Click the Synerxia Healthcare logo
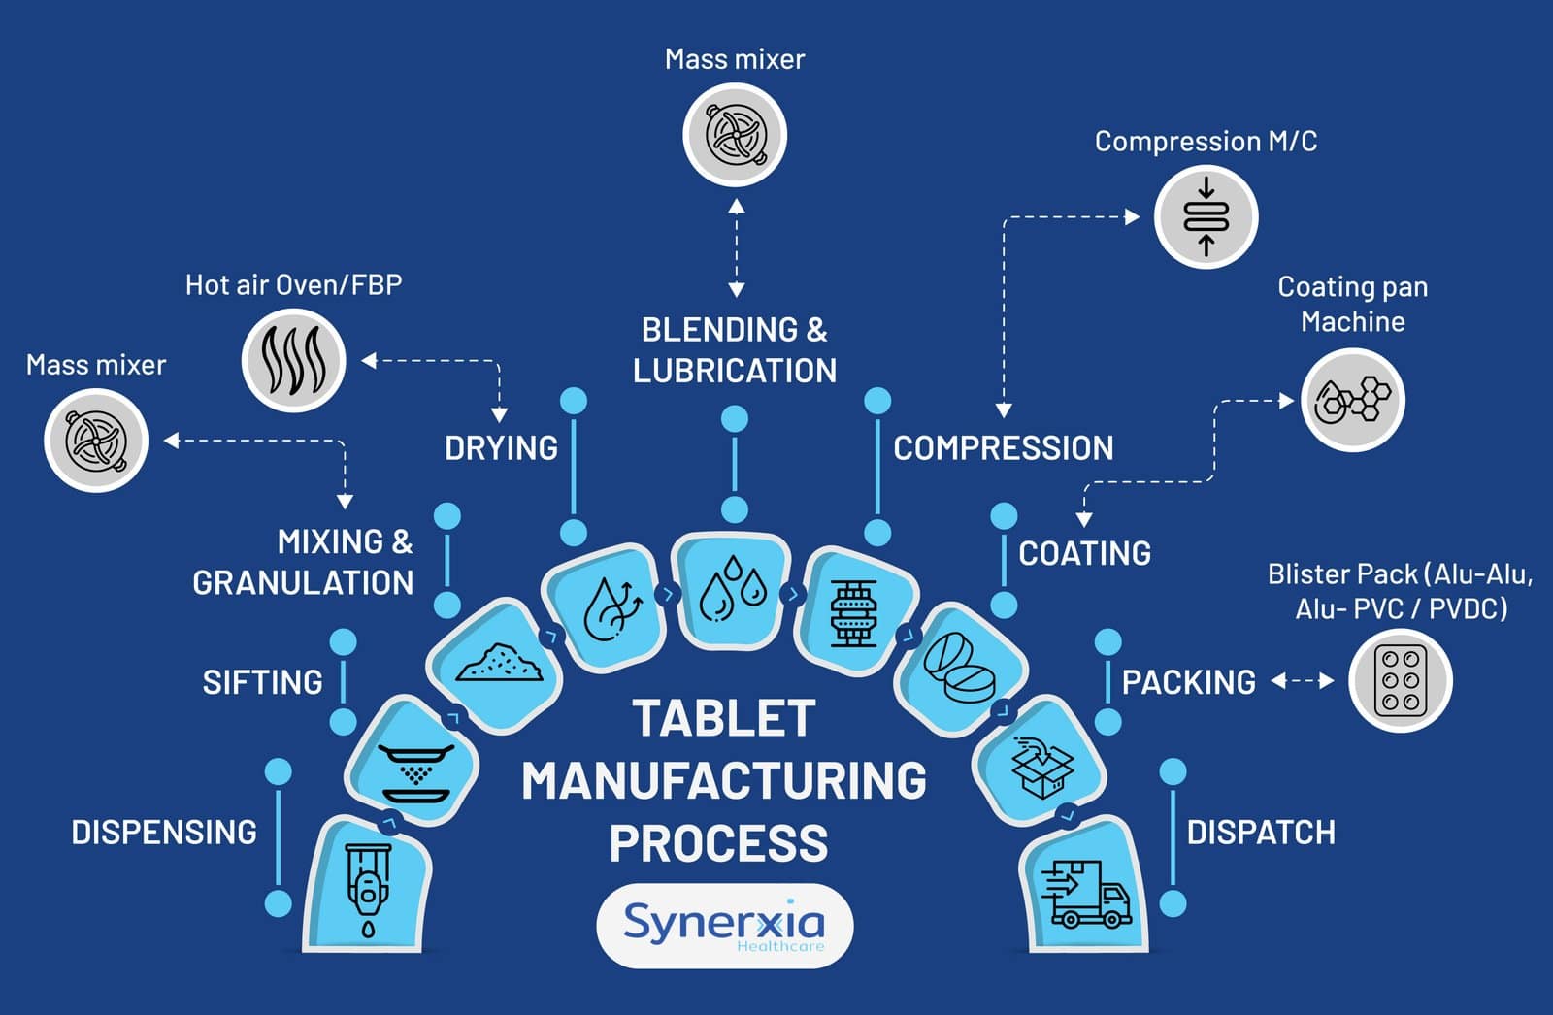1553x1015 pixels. [x=724, y=925]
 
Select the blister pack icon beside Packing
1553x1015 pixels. [x=1401, y=680]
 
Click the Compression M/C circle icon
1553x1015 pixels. [x=1206, y=216]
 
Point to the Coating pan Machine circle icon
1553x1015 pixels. [x=1352, y=400]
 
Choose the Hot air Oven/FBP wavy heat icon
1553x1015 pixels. [x=293, y=360]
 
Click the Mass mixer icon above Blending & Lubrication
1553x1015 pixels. [x=735, y=135]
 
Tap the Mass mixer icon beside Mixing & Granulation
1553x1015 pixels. [x=96, y=441]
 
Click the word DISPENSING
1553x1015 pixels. [x=164, y=833]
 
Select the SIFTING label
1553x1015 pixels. [x=262, y=682]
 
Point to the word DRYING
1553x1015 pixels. [x=501, y=448]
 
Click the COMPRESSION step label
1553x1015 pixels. [x=1003, y=448]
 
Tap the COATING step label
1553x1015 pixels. [x=1084, y=553]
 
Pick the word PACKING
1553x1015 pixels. [x=1188, y=682]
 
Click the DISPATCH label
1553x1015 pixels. [x=1261, y=833]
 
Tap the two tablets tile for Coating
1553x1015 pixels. [x=960, y=668]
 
